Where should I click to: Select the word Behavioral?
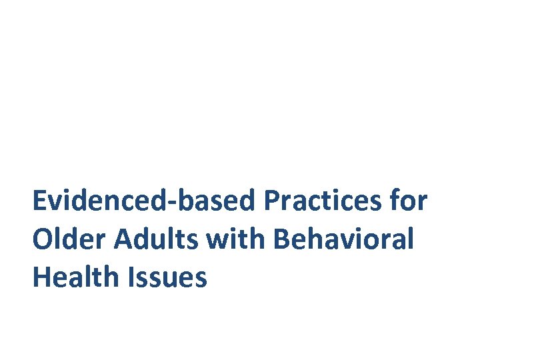[343, 239]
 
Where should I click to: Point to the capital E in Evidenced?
[39, 201]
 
